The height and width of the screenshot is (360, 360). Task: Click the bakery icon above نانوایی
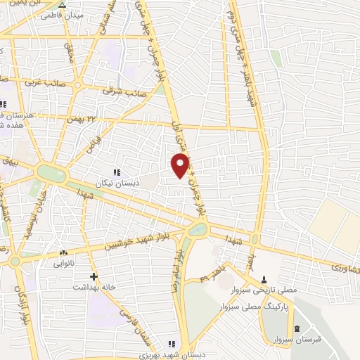pos(64,252)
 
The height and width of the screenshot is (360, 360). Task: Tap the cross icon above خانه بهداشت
pos(94,276)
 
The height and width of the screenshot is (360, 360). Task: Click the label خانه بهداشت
pos(94,288)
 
